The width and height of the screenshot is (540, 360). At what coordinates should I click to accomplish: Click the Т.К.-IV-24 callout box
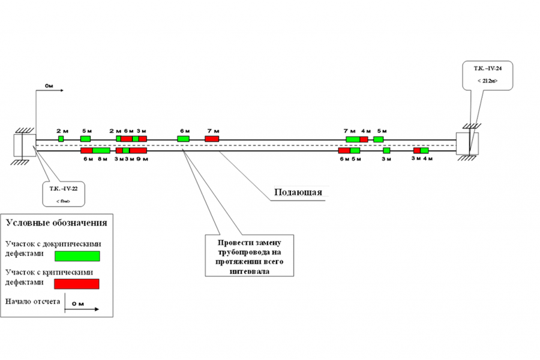tap(487, 75)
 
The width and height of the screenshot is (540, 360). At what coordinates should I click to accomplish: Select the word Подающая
tap(298, 193)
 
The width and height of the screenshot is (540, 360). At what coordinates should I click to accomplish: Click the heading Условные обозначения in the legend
tap(56, 223)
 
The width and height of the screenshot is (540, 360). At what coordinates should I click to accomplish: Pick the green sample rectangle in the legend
tap(77, 256)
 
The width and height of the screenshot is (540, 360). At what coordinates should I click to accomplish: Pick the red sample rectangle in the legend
tap(77, 283)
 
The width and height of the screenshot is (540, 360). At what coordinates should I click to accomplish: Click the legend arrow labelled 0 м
tap(83, 307)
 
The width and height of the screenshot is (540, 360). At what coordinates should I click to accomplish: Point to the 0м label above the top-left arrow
tap(49, 87)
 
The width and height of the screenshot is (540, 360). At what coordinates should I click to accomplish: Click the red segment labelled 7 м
tap(212, 139)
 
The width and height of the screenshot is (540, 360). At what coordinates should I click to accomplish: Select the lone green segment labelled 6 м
tap(183, 139)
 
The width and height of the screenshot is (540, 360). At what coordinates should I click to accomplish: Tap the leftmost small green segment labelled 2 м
tap(61, 139)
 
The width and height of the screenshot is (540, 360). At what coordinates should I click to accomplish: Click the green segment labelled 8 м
tap(101, 151)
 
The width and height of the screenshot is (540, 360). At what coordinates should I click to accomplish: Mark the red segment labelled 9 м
tap(138, 151)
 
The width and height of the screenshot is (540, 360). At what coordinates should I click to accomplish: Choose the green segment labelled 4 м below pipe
tap(424, 151)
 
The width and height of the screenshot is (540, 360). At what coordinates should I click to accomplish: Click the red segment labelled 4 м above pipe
tap(364, 139)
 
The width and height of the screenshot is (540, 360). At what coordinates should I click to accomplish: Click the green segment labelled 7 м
tap(353, 139)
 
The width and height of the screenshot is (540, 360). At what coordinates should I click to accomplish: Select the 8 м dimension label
tap(103, 159)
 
